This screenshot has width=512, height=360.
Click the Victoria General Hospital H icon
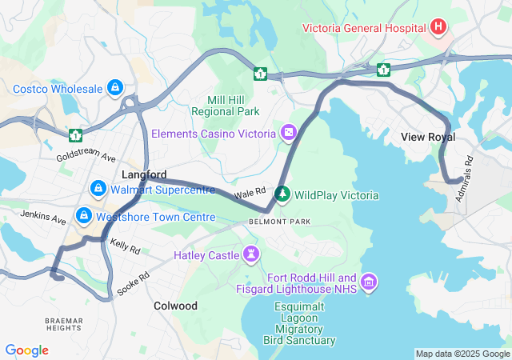438,28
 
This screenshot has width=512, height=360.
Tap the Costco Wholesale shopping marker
115,86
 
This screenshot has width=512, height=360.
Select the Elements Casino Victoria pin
288,131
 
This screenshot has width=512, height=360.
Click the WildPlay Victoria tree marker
282,194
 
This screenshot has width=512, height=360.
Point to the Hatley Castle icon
252,255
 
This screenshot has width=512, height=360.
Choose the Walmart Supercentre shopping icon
98,189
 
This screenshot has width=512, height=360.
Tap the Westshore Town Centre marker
83,216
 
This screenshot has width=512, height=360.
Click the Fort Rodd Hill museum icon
369,281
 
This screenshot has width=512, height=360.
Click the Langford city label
144,174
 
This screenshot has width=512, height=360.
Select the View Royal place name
428,138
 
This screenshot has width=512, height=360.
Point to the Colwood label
175,306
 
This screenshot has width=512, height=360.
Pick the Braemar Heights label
63,324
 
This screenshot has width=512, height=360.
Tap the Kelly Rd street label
125,246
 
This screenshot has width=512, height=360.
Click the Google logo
26,350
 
